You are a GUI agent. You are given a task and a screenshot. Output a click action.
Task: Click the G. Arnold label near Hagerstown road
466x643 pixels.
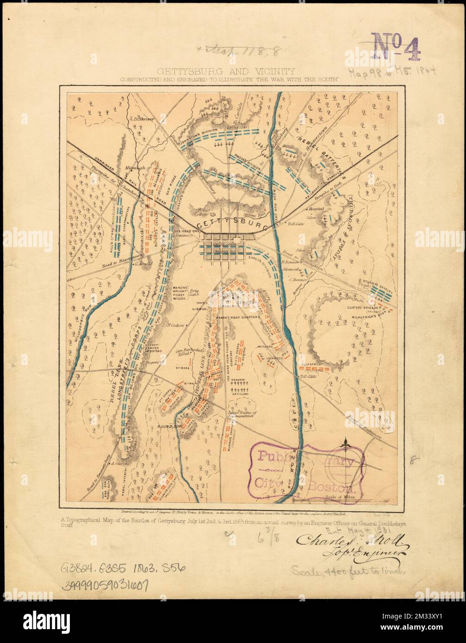(x=143, y=264)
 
